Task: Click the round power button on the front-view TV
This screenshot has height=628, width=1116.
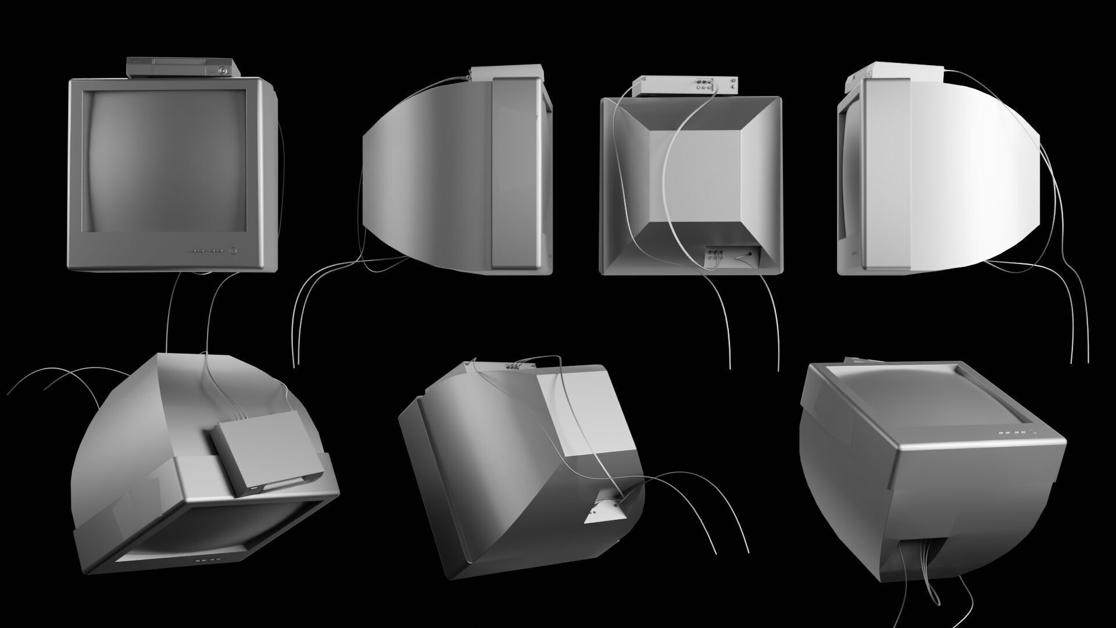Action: coord(234,251)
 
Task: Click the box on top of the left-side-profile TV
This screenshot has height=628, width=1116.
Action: coord(506,73)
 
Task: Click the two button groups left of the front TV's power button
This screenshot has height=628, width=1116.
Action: coord(206,252)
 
